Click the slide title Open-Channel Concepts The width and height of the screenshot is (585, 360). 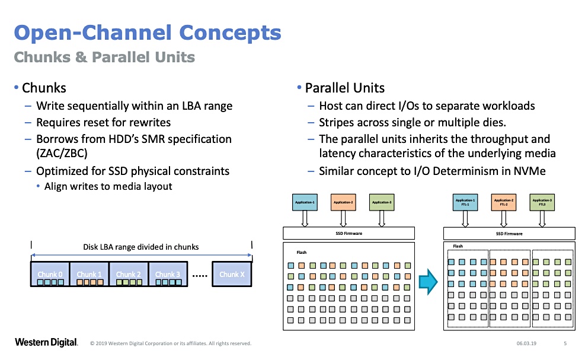click(147, 33)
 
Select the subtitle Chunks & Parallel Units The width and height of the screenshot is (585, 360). click(104, 58)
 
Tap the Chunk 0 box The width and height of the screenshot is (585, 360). click(50, 274)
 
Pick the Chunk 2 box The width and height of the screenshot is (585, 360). click(128, 274)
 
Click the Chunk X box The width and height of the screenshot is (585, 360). click(232, 274)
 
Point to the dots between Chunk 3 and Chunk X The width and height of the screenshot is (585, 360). click(200, 275)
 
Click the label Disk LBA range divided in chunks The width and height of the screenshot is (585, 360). click(141, 247)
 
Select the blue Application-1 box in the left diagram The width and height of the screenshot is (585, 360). click(306, 203)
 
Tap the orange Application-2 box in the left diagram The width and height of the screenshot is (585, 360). click(343, 203)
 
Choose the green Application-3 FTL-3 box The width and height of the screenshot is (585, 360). click(542, 202)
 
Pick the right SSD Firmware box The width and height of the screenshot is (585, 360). click(509, 234)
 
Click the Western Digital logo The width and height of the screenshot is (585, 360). click(46, 342)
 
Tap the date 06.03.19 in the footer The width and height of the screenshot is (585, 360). click(526, 343)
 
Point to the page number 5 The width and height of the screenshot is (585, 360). click(565, 343)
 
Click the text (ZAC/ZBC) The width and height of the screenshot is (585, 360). click(61, 154)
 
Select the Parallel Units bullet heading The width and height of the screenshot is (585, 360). click(344, 88)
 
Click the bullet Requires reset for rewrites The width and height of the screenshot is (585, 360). click(103, 123)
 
